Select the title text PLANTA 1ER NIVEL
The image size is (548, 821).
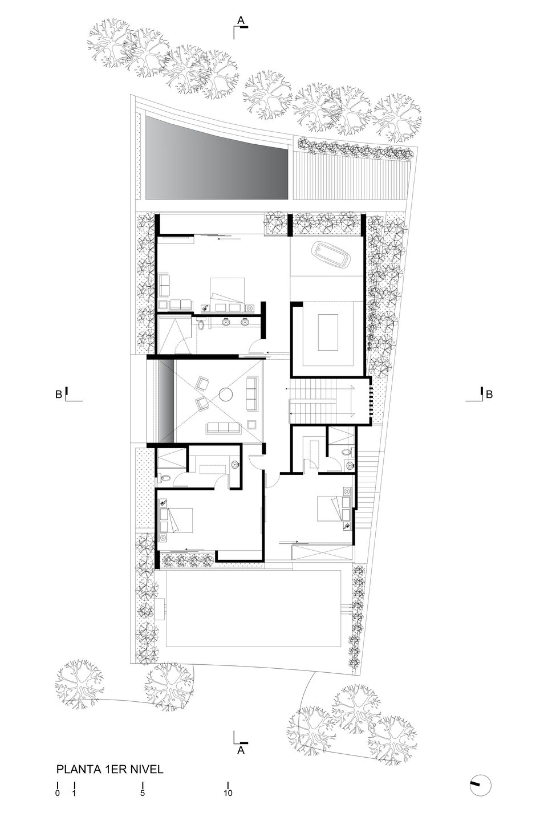[110, 770]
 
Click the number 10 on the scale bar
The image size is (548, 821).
[228, 793]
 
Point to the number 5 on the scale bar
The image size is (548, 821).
[143, 793]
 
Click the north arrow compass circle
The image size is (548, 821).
[480, 784]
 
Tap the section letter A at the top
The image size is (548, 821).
[241, 21]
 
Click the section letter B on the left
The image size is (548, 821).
[58, 393]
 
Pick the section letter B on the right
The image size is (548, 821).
[489, 393]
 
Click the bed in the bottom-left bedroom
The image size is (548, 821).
[180, 520]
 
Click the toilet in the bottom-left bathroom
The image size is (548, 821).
[164, 477]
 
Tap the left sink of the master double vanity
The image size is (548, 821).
[226, 323]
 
